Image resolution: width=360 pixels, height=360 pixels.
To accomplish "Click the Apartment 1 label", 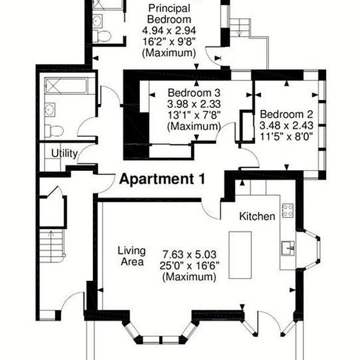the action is pyautogui.click(x=162, y=179).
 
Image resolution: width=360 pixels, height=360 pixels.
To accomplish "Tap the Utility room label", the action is pyautogui.click(x=65, y=153).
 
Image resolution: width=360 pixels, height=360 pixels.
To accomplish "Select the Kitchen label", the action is pyautogui.click(x=257, y=216).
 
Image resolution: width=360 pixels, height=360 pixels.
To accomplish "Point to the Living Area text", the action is pyautogui.click(x=132, y=256).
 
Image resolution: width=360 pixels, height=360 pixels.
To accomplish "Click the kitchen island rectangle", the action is pyautogui.click(x=240, y=255).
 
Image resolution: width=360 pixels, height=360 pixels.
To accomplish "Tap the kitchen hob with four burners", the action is pyautogui.click(x=288, y=211).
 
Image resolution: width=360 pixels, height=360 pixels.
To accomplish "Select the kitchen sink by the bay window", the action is pyautogui.click(x=288, y=248).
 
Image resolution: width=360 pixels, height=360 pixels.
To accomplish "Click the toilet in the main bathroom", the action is pyautogui.click(x=54, y=131).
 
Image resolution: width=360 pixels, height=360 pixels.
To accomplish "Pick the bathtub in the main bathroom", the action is pyautogui.click(x=66, y=86).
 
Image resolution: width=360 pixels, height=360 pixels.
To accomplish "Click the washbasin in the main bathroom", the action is pyautogui.click(x=50, y=110).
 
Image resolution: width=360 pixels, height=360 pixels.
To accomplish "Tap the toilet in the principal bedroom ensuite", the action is pyautogui.click(x=102, y=36).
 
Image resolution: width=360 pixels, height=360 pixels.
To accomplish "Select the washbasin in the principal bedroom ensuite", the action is pyautogui.click(x=98, y=21).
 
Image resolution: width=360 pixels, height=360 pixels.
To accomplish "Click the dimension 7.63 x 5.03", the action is pyautogui.click(x=189, y=255).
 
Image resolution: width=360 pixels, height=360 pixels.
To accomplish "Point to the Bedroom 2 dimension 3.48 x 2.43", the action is pyautogui.click(x=286, y=126).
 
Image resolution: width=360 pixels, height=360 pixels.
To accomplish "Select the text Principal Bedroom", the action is pyautogui.click(x=170, y=14).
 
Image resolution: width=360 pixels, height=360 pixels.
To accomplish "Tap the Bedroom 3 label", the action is pyautogui.click(x=194, y=93).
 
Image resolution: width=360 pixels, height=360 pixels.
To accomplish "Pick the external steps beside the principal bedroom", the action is pyautogui.click(x=240, y=27).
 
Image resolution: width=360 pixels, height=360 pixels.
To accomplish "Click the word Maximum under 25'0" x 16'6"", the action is pyautogui.click(x=189, y=277).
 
